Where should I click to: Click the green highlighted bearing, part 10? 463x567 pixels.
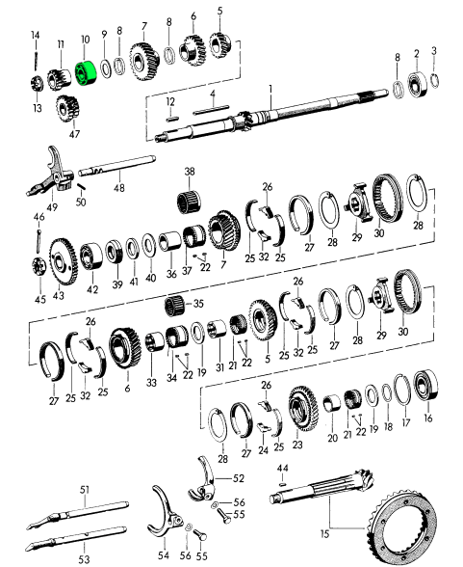coord(85,73)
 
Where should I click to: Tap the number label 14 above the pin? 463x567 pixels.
coord(36,36)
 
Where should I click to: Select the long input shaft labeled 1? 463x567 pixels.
coord(270,115)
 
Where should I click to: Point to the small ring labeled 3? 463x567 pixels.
coord(435,80)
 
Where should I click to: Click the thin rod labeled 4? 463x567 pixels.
coord(211,110)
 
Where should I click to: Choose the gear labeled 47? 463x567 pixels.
coord(67,108)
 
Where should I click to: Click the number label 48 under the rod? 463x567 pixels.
coord(119,188)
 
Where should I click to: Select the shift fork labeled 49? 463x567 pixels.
coord(51,173)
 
